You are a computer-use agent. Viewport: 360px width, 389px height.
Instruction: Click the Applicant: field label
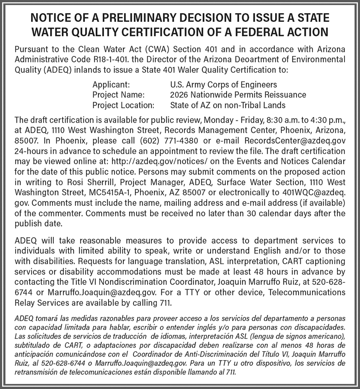(x=111, y=84)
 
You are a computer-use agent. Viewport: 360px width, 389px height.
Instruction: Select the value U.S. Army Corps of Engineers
(x=224, y=84)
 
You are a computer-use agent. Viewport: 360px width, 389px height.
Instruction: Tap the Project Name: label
(x=118, y=95)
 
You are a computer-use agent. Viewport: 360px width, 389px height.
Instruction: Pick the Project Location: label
(x=123, y=105)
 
